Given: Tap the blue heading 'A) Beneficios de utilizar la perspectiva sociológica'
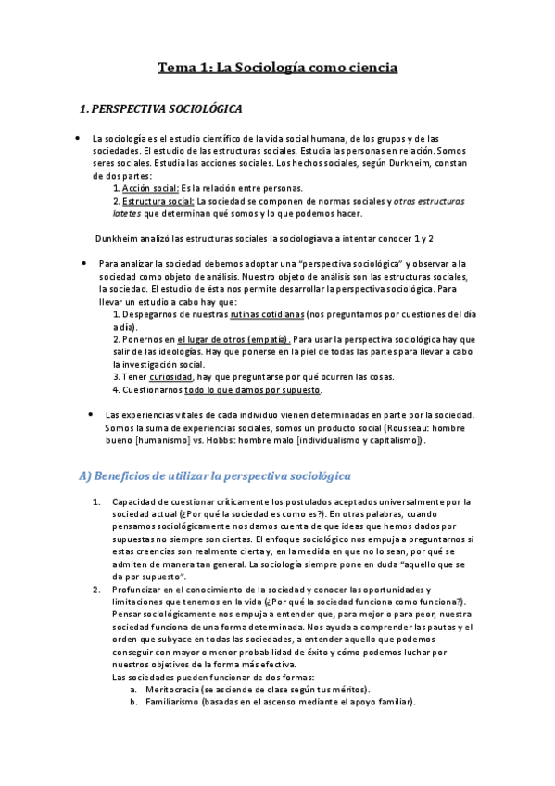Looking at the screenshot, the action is (214, 475).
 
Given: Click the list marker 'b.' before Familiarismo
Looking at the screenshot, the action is (134, 702).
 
